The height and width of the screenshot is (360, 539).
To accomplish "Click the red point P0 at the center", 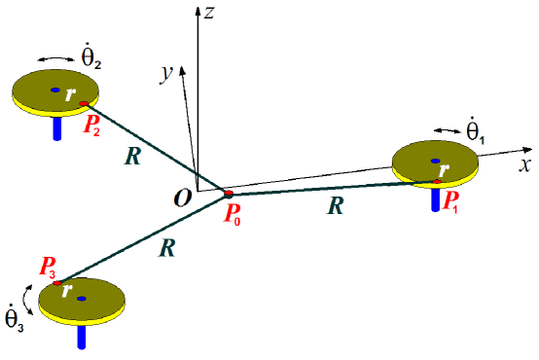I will (x=227, y=194).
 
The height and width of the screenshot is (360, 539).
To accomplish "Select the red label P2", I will (x=92, y=126).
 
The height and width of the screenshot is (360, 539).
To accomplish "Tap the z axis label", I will (x=209, y=12).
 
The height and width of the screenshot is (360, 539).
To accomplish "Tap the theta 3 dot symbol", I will (x=15, y=318).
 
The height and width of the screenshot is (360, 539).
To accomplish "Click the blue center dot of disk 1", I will (x=436, y=160).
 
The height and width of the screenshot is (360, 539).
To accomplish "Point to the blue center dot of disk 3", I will (x=82, y=299).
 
